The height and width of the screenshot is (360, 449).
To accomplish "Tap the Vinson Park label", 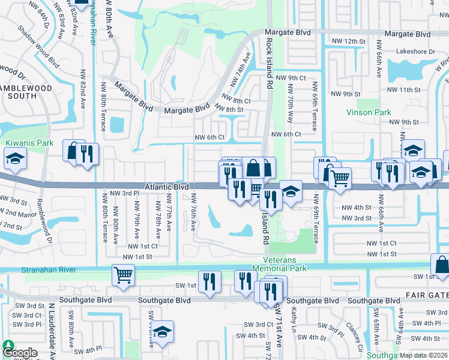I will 369,112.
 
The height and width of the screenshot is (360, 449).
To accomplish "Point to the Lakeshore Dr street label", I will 415,52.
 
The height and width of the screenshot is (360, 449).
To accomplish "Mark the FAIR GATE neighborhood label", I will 427,295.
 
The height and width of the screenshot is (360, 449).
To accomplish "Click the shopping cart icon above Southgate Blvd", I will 123,275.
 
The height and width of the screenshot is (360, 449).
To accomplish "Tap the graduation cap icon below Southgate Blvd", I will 161,332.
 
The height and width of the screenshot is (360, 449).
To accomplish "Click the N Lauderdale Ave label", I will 53,327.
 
